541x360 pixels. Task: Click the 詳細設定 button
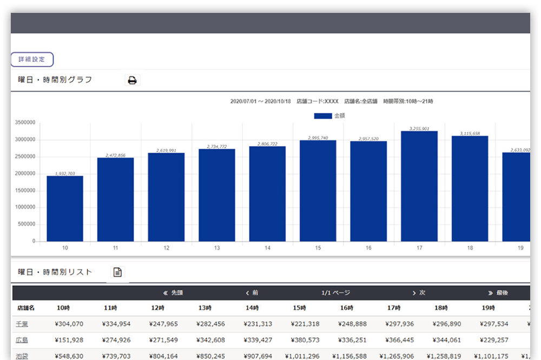point(32,60)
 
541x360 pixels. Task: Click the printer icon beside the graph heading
point(132,81)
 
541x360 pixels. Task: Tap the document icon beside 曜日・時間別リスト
point(117,272)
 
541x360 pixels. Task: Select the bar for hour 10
point(65,208)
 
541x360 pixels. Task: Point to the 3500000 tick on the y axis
point(26,123)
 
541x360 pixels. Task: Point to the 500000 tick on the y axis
point(28,224)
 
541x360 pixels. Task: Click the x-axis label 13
point(217,248)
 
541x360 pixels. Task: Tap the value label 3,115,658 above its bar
point(470,133)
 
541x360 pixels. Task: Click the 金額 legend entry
point(329,116)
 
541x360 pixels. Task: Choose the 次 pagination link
point(419,293)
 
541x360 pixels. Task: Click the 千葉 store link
point(22,324)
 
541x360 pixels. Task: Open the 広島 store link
point(22,341)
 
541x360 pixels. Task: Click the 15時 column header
point(300,308)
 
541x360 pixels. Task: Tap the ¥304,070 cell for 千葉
point(69,324)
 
